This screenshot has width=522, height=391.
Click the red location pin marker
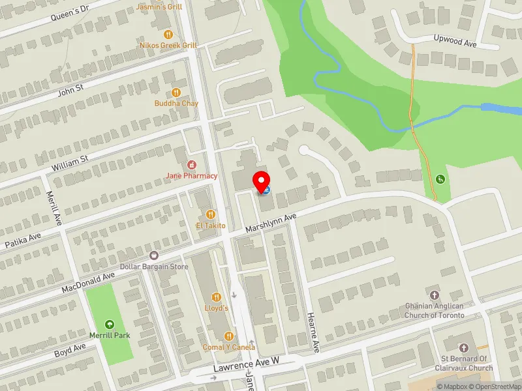(262, 181)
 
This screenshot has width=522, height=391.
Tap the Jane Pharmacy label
(191, 175)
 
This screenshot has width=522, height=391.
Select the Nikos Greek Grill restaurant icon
(168, 34)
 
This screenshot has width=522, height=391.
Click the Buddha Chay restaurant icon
(176, 92)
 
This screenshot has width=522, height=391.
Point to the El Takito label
(210, 225)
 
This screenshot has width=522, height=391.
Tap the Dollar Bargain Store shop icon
(154, 255)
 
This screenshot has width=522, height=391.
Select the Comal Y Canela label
(228, 347)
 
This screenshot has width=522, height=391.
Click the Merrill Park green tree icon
(109, 324)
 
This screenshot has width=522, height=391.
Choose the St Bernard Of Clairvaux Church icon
(466, 348)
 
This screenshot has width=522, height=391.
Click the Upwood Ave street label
(456, 40)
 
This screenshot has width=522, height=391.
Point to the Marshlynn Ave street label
(271, 224)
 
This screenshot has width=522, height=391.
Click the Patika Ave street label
(23, 242)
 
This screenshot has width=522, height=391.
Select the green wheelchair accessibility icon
(440, 179)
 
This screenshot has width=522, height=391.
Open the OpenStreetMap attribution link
(493, 386)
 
